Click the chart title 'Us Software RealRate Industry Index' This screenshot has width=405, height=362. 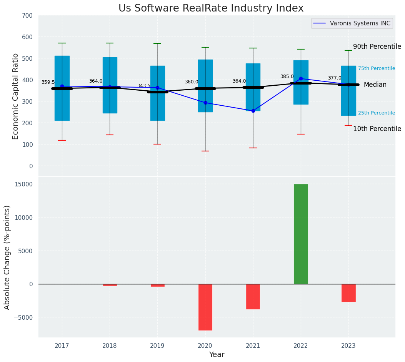[211, 8]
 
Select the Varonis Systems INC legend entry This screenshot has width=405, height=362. [352, 23]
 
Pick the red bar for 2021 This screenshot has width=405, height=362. [253, 296]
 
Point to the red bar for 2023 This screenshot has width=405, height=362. [348, 293]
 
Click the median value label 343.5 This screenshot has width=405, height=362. [144, 86]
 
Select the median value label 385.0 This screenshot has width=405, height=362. [287, 76]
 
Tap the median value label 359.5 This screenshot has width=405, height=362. [48, 82]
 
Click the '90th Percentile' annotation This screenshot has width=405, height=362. [377, 46]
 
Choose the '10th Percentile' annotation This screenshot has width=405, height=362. [377, 129]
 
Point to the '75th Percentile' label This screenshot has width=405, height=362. [377, 68]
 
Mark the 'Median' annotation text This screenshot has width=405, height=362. [375, 85]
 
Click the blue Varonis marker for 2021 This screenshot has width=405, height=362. [253, 111]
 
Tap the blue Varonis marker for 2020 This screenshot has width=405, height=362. [205, 103]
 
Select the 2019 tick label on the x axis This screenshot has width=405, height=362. [157, 346]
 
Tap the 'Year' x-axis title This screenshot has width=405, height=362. [217, 355]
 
